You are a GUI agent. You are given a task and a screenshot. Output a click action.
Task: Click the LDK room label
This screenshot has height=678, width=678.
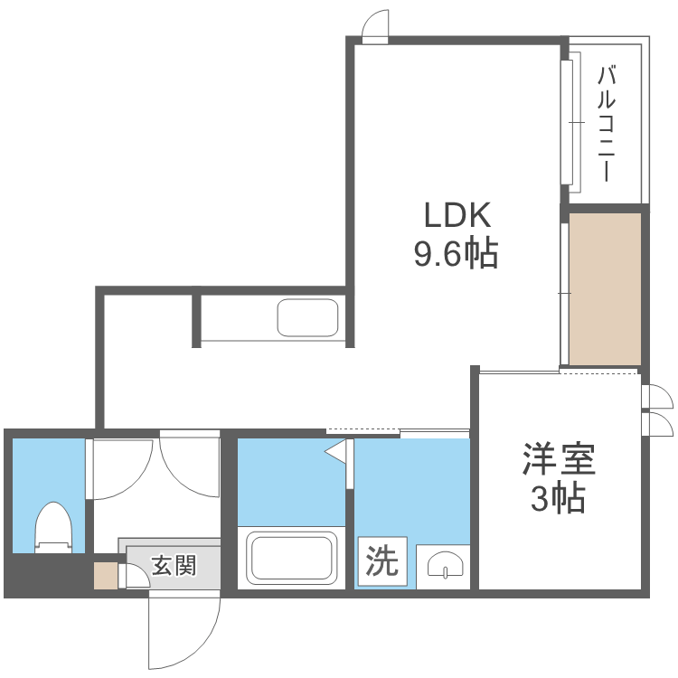pos(457,216)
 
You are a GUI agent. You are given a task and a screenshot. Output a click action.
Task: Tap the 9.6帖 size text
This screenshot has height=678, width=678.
pos(457,256)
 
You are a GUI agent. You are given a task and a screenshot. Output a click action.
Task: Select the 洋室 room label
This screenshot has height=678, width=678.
pos(559,460)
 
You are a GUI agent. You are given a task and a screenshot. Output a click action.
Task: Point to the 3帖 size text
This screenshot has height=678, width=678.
pos(558,498)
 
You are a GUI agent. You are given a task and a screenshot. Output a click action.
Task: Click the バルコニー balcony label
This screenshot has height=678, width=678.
pos(607,123)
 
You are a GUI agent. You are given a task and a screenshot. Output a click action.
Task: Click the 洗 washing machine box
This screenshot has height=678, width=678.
pos(381,562)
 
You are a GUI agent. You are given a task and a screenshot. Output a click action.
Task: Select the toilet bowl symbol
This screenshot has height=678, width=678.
pos(52,528)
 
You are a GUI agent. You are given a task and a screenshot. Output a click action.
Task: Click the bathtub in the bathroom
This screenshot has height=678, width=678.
pos(292,558)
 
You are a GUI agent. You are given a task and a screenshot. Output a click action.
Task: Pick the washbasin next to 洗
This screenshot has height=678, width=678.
pos(443,564)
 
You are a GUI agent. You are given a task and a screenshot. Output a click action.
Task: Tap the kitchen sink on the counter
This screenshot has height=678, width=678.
pos(307,317)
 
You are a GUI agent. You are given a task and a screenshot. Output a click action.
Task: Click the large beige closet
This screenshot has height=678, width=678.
pos(605,287)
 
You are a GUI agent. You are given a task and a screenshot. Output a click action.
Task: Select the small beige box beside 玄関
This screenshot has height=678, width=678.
pos(106,575)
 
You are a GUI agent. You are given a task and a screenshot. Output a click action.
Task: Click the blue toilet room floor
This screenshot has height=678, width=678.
pos(47,479)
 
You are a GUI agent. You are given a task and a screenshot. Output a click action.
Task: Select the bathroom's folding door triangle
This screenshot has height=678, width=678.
pos(337,450)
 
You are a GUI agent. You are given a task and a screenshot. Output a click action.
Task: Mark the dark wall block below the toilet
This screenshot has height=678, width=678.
pos(45,573)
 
